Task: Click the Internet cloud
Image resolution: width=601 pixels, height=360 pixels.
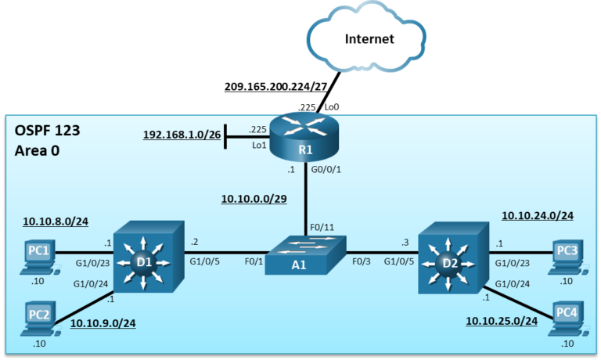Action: pyautogui.click(x=366, y=38)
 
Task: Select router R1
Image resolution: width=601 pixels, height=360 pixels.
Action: pyautogui.click(x=304, y=136)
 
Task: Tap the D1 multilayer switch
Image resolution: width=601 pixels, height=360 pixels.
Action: pyautogui.click(x=149, y=257)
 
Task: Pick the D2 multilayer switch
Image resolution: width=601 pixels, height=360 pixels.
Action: pyautogui.click(x=453, y=257)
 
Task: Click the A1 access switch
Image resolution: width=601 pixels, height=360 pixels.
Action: pyautogui.click(x=305, y=255)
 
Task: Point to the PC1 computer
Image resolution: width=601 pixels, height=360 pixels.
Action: pyautogui.click(x=39, y=257)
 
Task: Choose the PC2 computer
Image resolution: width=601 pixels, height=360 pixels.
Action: pyautogui.click(x=40, y=319)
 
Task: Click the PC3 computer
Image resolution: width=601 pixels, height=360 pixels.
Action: pyautogui.click(x=567, y=257)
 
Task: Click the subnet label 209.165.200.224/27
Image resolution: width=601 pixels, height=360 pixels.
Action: pyautogui.click(x=275, y=87)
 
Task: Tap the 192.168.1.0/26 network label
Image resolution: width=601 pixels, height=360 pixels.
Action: pyautogui.click(x=182, y=135)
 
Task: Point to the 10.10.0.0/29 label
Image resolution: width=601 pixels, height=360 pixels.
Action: pyautogui.click(x=254, y=199)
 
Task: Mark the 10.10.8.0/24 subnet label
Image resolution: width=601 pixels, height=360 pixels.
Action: pyautogui.click(x=56, y=221)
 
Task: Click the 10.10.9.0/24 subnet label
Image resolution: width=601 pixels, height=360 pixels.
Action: pyautogui.click(x=103, y=323)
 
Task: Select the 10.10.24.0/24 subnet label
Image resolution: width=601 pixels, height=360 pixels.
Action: pyautogui.click(x=538, y=215)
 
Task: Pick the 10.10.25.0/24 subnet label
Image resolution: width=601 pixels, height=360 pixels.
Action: pyautogui.click(x=502, y=321)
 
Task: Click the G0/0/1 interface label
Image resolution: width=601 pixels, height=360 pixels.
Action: pyautogui.click(x=326, y=169)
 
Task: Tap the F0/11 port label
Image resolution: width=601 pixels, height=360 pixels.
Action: pyautogui.click(x=322, y=228)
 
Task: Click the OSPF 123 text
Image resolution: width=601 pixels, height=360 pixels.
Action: pyautogui.click(x=47, y=131)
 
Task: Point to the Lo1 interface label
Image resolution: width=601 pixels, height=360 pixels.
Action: pyautogui.click(x=259, y=146)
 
